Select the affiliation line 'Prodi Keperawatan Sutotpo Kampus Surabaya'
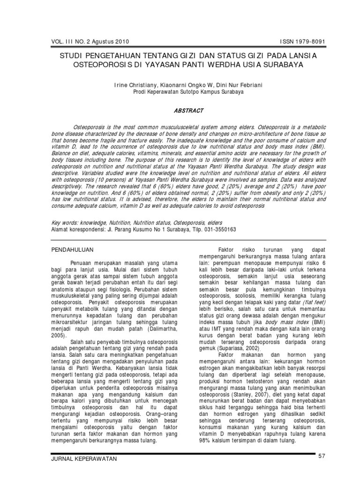182,92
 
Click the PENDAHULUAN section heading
73,250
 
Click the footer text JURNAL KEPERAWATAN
83,459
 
